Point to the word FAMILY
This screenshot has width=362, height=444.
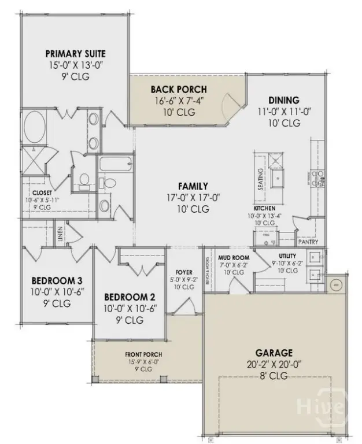[x=193, y=186]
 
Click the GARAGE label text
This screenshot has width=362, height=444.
[x=275, y=352]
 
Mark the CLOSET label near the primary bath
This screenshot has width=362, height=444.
[x=42, y=193]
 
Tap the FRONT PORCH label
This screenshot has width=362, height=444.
[x=143, y=354]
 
